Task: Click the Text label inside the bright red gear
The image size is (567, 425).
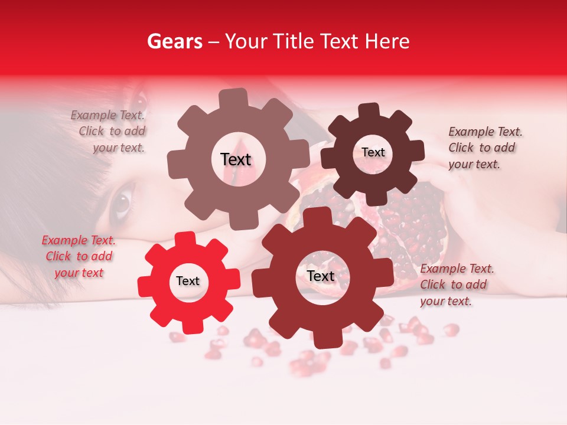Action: point(188,282)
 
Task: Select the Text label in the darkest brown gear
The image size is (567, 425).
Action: point(373,152)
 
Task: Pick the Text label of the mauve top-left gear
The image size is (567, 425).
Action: point(236,159)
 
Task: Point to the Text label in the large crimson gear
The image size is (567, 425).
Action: point(321,276)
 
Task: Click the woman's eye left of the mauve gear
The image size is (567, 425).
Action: point(121,202)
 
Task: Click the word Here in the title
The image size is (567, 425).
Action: point(387,41)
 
